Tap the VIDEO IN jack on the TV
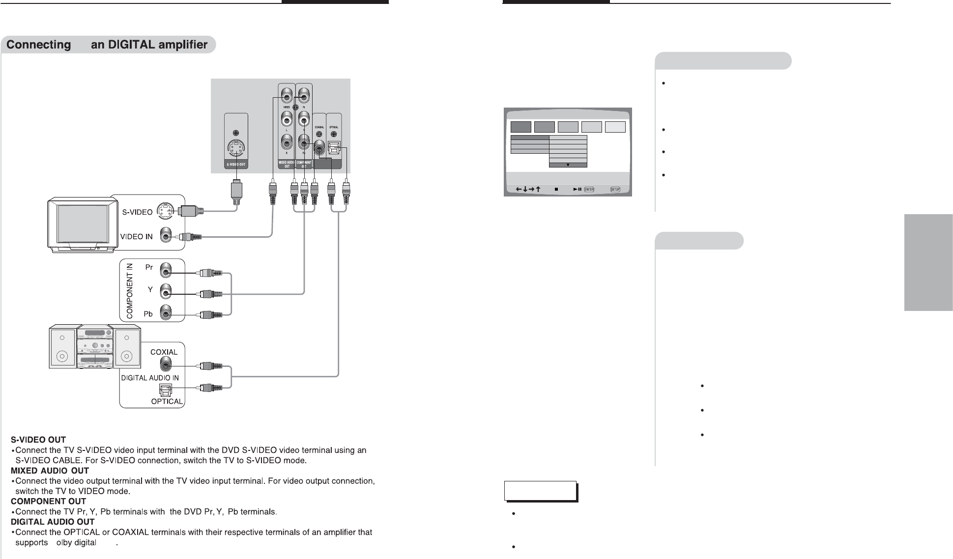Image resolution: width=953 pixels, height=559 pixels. [x=167, y=237]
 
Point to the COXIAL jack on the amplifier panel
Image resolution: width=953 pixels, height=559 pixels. [x=166, y=365]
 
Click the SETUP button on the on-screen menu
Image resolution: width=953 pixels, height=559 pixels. [x=615, y=189]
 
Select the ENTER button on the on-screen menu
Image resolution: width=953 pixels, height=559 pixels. [x=589, y=189]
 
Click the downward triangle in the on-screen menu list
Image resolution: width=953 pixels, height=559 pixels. [x=568, y=165]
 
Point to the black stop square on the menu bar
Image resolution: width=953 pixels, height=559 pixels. [x=556, y=189]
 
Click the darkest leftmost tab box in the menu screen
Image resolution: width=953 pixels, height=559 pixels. [x=520, y=127]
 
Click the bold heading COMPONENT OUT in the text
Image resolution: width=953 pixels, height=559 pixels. [x=48, y=502]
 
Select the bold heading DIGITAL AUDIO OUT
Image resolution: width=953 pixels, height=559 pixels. [x=53, y=522]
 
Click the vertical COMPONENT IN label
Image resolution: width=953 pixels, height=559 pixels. [x=130, y=290]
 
